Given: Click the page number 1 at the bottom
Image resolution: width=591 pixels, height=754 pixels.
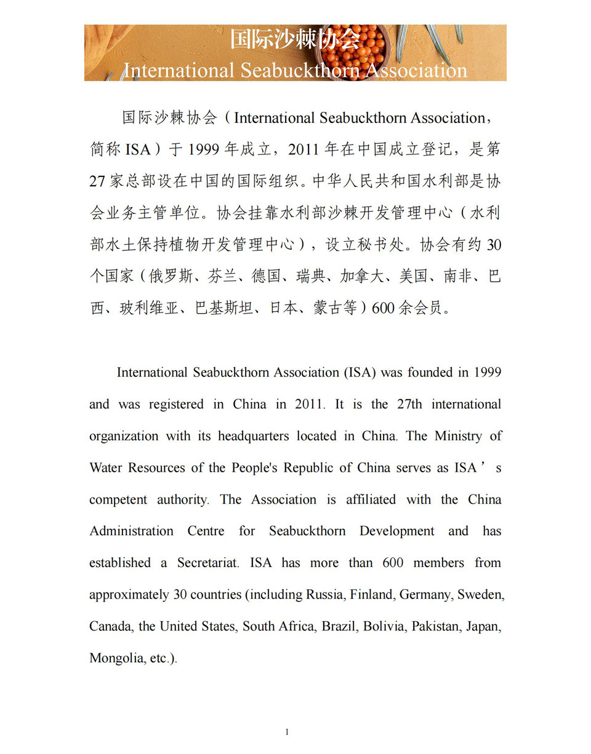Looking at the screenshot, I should pos(287,732).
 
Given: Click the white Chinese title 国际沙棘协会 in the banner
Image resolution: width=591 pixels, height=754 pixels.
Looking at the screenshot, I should pos(295,39).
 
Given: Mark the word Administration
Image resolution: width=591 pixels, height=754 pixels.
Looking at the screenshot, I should pos(131,531).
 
